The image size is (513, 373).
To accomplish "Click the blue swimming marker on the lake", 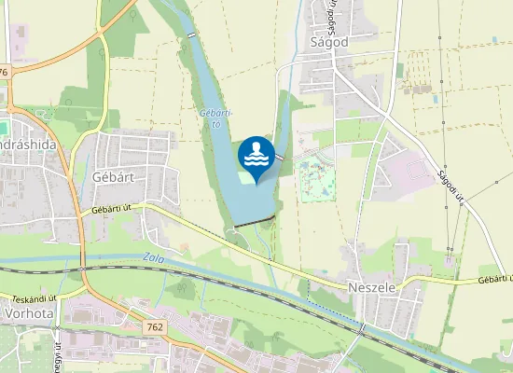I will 256,157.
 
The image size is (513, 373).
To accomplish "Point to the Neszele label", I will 370,289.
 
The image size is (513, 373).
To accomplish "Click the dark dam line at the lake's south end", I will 256,221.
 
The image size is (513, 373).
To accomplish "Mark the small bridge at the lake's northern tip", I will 192,34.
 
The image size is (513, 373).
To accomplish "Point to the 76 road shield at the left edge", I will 4,72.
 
